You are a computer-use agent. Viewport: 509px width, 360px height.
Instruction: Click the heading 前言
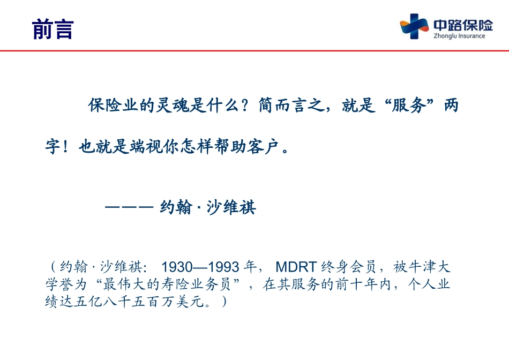[53, 29]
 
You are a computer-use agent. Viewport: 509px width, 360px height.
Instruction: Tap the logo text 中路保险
[463, 25]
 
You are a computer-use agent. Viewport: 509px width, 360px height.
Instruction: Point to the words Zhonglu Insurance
[459, 36]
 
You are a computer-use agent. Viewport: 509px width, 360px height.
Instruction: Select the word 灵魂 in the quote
[172, 105]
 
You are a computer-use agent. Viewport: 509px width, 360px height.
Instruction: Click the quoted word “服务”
[409, 105]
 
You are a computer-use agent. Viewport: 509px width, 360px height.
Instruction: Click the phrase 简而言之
[291, 105]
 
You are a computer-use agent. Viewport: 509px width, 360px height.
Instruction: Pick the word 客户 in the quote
[263, 146]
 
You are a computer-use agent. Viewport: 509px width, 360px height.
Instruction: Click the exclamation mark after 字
[65, 147]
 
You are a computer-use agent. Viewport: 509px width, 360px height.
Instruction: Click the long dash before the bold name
[129, 207]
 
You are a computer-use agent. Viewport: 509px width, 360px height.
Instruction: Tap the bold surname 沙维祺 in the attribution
[231, 207]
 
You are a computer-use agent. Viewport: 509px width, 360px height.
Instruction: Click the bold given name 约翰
[176, 207]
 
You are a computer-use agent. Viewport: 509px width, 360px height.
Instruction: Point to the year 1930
[177, 267]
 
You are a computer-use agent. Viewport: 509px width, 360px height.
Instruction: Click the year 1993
[223, 267]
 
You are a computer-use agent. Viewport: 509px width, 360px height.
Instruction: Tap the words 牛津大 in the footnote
[429, 267]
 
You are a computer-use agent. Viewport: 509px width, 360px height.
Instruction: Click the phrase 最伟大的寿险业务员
[167, 284]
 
